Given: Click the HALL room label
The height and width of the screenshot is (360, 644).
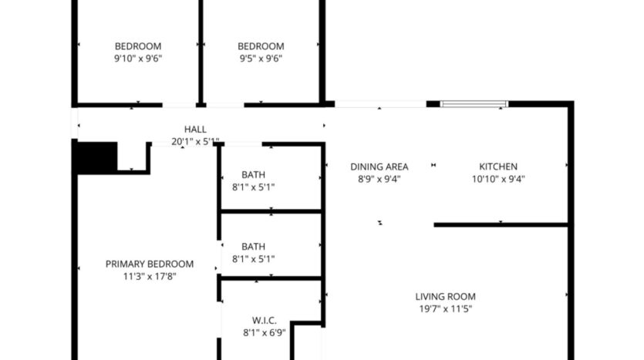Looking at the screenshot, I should point(195,129).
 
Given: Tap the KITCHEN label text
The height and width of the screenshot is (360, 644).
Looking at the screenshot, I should point(498,167).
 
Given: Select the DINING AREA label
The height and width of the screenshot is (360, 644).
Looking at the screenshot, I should point(379,167).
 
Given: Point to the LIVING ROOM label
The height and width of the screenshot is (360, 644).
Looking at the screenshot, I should point(445,296).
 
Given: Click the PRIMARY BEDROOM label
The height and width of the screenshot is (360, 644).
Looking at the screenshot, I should point(150,264).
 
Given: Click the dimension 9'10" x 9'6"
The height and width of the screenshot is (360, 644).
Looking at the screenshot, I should point(138,58).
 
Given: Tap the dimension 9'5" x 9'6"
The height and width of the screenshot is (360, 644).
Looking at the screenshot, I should point(261,58).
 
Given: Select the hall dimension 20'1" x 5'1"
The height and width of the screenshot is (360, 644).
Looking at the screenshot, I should point(195,141).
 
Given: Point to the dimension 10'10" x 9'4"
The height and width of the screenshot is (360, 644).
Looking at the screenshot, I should point(498,179).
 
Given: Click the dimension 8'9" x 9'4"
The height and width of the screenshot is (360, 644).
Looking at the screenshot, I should point(379,179).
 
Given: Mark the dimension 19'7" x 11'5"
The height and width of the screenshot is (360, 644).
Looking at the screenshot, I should point(445,308).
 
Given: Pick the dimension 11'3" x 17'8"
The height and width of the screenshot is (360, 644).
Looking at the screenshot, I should point(150,276).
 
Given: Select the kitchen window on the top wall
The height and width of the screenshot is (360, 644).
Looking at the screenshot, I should point(474,103).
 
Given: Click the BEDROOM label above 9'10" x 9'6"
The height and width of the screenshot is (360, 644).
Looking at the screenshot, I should point(138,46).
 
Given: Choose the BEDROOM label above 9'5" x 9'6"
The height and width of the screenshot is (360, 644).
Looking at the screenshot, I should point(261,46).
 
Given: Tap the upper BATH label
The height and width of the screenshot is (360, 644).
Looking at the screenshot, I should point(253,174).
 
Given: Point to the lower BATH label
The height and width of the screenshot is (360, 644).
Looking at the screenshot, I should point(253,247).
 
